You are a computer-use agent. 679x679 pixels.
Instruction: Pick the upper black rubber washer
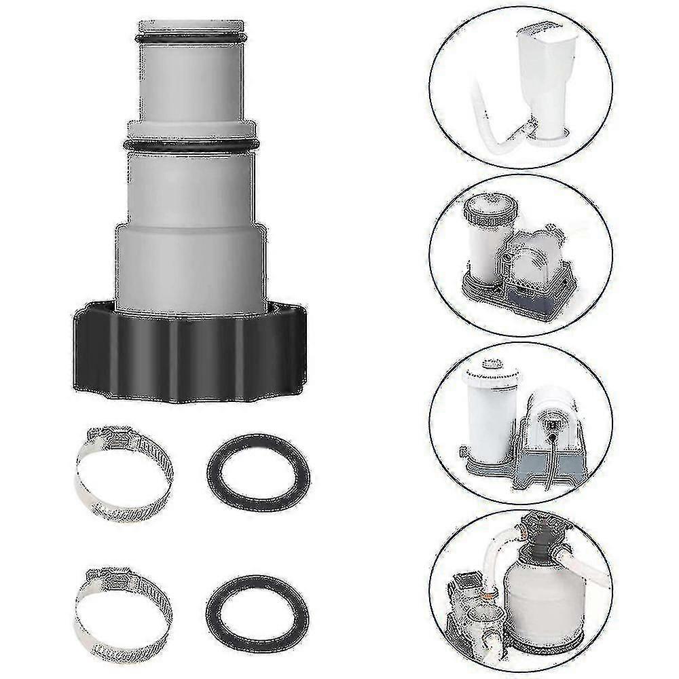[x=257, y=469]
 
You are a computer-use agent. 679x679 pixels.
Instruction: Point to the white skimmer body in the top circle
[x=546, y=75]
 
